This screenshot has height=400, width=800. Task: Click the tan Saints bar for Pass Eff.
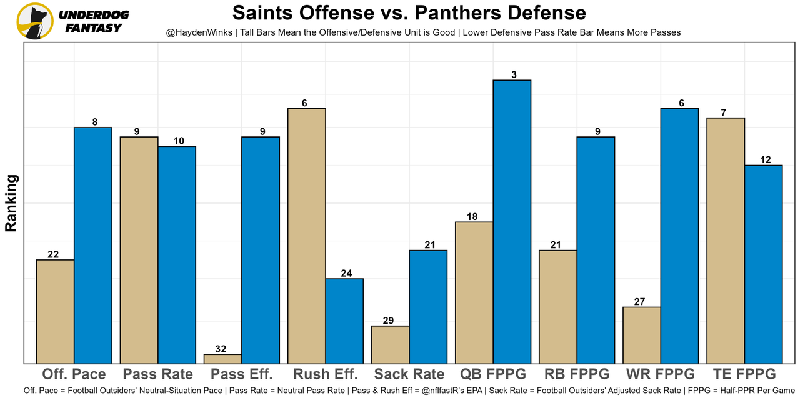click(x=223, y=359)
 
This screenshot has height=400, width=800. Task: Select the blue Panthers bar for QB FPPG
click(x=512, y=221)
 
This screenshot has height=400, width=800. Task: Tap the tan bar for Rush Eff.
click(x=306, y=236)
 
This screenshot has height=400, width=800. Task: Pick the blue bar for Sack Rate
click(x=428, y=306)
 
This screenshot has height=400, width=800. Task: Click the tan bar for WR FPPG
click(x=642, y=335)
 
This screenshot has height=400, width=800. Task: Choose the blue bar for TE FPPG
click(x=763, y=264)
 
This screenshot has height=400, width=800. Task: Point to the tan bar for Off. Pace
click(x=56, y=311)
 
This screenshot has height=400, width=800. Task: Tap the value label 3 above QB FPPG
click(x=513, y=75)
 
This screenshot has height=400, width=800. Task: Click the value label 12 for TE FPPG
click(x=765, y=160)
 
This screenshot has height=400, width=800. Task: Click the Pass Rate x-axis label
click(x=158, y=374)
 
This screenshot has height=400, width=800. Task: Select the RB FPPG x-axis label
click(x=576, y=374)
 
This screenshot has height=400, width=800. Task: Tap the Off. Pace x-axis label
click(x=74, y=374)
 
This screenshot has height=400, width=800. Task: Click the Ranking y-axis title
click(x=11, y=203)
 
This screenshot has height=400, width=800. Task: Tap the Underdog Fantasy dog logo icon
click(x=35, y=21)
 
